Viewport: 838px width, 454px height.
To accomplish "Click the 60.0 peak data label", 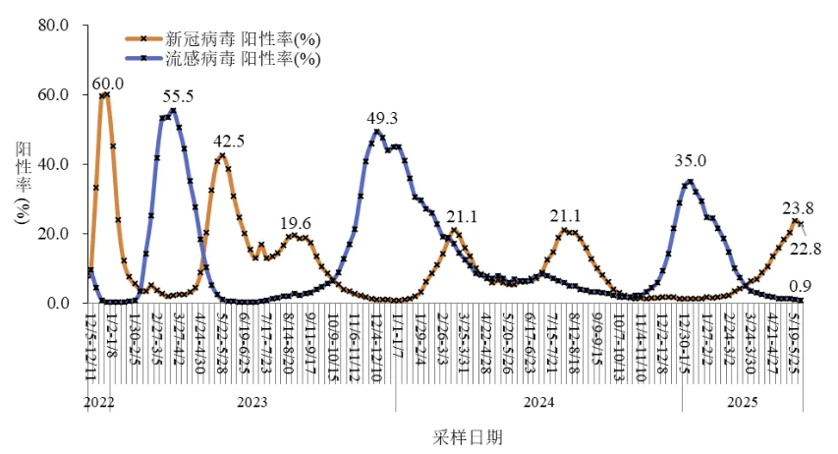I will [x=108, y=85].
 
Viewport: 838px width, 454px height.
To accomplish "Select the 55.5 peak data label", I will [x=178, y=96].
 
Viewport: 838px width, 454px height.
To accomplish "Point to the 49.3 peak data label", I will [x=382, y=119].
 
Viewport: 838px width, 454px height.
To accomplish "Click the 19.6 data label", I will [x=296, y=223].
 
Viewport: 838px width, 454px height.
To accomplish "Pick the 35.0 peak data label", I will [x=692, y=161].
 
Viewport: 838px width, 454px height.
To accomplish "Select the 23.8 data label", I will [x=798, y=208].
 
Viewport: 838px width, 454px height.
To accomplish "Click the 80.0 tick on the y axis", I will [x=52, y=26].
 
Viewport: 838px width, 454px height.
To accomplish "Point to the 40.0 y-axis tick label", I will [x=52, y=165].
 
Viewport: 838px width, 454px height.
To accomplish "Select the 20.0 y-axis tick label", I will [x=52, y=235].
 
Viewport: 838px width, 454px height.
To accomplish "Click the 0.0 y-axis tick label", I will [x=57, y=304].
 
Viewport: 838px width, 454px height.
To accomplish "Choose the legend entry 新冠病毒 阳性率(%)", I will [x=242, y=40].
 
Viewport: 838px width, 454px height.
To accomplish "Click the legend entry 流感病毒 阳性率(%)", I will [x=242, y=58].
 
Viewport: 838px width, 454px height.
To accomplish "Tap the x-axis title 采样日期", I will [x=468, y=435].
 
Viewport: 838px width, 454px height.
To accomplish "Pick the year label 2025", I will [x=742, y=403].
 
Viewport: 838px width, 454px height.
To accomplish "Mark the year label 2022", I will [x=99, y=403].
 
